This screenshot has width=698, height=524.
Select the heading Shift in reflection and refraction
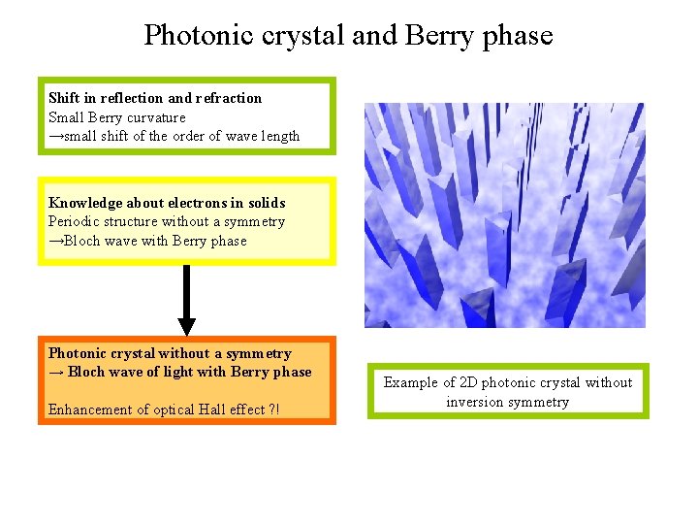pyautogui.click(x=155, y=98)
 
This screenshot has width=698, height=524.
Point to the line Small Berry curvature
pyautogui.click(x=117, y=117)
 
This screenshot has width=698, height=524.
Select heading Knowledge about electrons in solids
pyautogui.click(x=167, y=203)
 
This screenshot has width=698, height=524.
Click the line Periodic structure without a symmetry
pyautogui.click(x=167, y=221)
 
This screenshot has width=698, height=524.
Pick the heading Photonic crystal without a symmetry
pyautogui.click(x=170, y=353)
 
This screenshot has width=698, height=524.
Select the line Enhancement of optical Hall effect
pyautogui.click(x=155, y=409)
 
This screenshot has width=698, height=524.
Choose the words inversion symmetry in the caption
pyautogui.click(x=507, y=402)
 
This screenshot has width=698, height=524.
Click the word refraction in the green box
pyautogui.click(x=229, y=98)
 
